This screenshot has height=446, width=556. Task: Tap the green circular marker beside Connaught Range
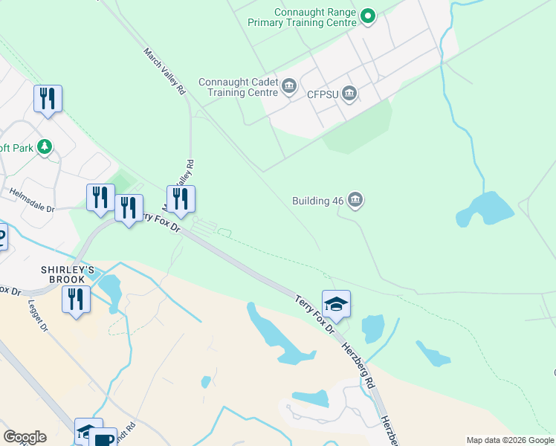tap(367, 16)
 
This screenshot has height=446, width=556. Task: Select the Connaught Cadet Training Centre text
tap(238, 87)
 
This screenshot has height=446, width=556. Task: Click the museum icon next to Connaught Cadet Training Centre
tap(288, 89)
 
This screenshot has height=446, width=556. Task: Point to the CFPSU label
tap(322, 94)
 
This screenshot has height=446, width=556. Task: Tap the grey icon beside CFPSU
tap(349, 94)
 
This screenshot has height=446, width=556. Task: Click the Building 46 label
tap(318, 201)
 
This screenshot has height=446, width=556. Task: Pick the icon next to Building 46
tap(355, 201)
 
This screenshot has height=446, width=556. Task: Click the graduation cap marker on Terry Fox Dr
tap(336, 303)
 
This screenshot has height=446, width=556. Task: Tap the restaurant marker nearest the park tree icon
tap(48, 99)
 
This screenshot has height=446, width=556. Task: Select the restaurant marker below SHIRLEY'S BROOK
tap(76, 299)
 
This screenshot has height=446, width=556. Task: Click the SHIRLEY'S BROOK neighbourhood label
tap(67, 274)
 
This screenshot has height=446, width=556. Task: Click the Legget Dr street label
tap(38, 316)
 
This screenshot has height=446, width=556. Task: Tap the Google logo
tap(25, 437)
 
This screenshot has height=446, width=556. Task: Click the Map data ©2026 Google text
tap(510, 440)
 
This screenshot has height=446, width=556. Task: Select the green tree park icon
tap(46, 147)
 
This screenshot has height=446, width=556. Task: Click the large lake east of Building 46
tap(486, 208)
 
